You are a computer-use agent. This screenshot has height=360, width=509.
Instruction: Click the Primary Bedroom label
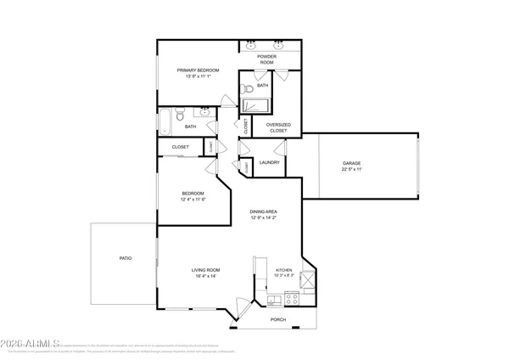pyautogui.click(x=198, y=70)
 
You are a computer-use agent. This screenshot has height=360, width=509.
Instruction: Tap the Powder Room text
pyautogui.click(x=266, y=60)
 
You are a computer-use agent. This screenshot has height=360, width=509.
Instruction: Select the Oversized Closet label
pyautogui.click(x=278, y=128)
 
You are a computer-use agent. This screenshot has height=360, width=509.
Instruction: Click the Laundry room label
pyautogui.click(x=270, y=162)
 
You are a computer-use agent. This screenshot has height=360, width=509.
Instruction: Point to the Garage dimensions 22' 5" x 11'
pyautogui.click(x=351, y=169)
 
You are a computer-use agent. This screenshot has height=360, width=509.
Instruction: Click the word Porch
pyautogui.click(x=277, y=320)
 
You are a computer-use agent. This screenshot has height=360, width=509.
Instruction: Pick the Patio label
pyautogui.click(x=125, y=257)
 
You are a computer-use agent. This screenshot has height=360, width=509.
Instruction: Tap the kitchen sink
pyautogui.click(x=273, y=300)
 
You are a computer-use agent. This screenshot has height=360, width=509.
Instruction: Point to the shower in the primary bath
pyautogui.click(x=255, y=105)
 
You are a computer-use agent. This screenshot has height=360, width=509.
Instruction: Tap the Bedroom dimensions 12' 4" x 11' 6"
pyautogui.click(x=193, y=200)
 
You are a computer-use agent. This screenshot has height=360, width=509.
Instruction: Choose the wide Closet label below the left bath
pyautogui.click(x=180, y=147)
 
